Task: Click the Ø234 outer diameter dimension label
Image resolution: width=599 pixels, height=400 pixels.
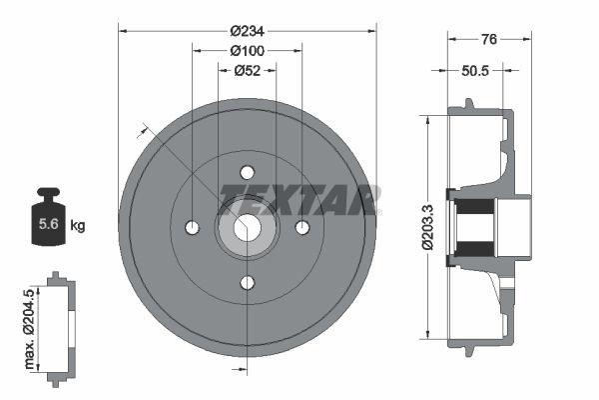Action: (248, 30)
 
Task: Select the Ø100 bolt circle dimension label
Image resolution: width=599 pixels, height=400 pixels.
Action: (247, 50)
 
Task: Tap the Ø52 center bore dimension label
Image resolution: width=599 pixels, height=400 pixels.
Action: (247, 70)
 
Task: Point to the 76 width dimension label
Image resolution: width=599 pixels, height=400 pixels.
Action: (489, 39)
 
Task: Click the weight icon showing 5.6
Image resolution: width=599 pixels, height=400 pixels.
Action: (47, 216)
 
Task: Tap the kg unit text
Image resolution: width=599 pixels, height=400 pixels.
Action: (78, 225)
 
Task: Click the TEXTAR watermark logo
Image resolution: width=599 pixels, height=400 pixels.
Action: (298, 198)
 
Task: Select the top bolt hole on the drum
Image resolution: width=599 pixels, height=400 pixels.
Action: (248, 171)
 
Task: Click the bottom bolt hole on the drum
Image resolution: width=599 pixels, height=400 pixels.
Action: (248, 283)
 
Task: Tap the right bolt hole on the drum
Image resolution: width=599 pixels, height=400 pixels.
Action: (303, 228)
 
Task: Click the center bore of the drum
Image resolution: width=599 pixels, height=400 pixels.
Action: (248, 228)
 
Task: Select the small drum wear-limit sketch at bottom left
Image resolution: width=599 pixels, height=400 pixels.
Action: (61, 326)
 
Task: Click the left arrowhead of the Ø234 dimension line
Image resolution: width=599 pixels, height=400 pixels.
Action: (123, 30)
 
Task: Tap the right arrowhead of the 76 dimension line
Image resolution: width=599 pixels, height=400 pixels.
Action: (527, 39)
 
